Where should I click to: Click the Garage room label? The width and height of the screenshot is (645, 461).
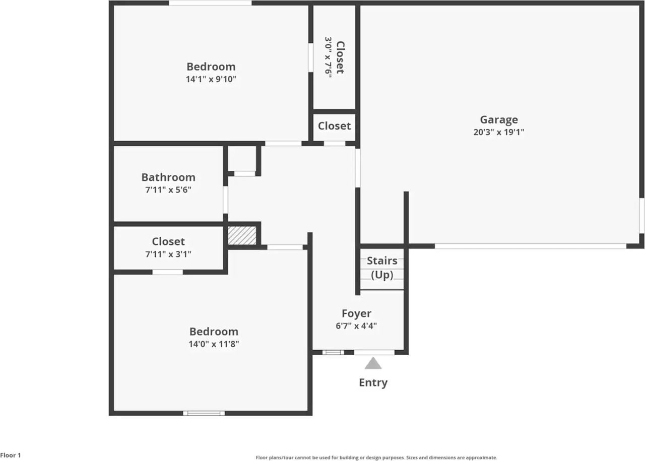tap(498, 119)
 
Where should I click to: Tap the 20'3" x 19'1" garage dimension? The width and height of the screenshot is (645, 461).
tap(498, 133)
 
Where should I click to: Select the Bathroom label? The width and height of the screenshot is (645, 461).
tap(168, 177)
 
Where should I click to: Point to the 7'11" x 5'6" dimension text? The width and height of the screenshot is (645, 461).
tap(168, 190)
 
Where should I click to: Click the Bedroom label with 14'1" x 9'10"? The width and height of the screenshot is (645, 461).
tap(211, 67)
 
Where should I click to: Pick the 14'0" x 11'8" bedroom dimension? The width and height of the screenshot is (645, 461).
tap(214, 344)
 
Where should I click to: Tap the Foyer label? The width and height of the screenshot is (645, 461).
tap(356, 313)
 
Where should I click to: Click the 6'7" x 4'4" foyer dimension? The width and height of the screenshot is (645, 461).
tap(356, 325)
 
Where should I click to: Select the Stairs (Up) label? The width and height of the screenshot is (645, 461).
tap(382, 268)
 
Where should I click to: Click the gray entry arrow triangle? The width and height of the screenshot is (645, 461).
tap(373, 364)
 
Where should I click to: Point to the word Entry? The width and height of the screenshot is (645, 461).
tap(373, 382)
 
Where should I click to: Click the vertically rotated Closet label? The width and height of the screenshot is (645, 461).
tap(340, 57)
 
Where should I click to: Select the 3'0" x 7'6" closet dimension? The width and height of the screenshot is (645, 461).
tap(328, 57)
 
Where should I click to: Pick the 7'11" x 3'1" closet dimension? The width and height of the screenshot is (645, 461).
tap(168, 254)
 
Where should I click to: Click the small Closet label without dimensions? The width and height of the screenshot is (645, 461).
tap(334, 126)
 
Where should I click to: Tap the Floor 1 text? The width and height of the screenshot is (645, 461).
tap(11, 455)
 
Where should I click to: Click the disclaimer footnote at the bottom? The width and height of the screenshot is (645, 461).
tap(376, 457)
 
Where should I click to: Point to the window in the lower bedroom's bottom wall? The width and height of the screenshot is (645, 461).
tap(204, 413)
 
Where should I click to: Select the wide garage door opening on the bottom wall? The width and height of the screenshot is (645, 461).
tap(530, 246)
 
